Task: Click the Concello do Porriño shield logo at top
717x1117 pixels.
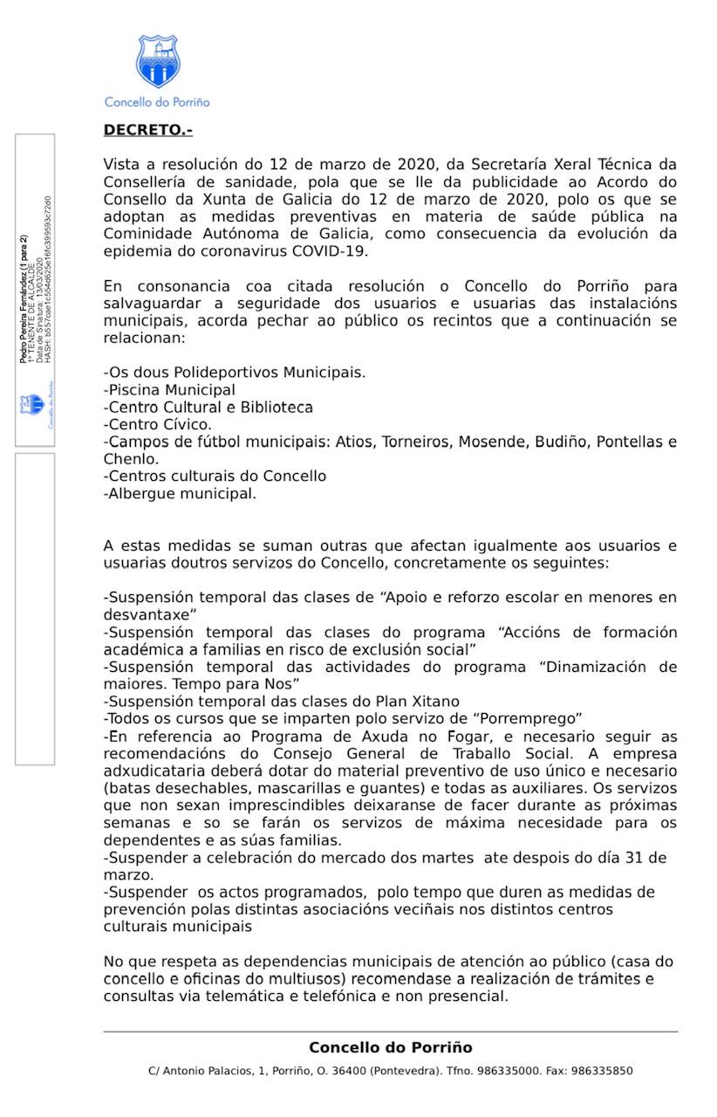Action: pos(157,61)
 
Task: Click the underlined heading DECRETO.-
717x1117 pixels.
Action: pos(147,130)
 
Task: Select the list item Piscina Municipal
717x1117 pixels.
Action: pos(170,390)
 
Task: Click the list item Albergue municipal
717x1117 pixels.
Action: pos(181,493)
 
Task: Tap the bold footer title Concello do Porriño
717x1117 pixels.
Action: pos(390,1048)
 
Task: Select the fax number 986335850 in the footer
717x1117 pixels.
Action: pos(602,1071)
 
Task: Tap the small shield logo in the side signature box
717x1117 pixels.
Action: pos(31,405)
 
